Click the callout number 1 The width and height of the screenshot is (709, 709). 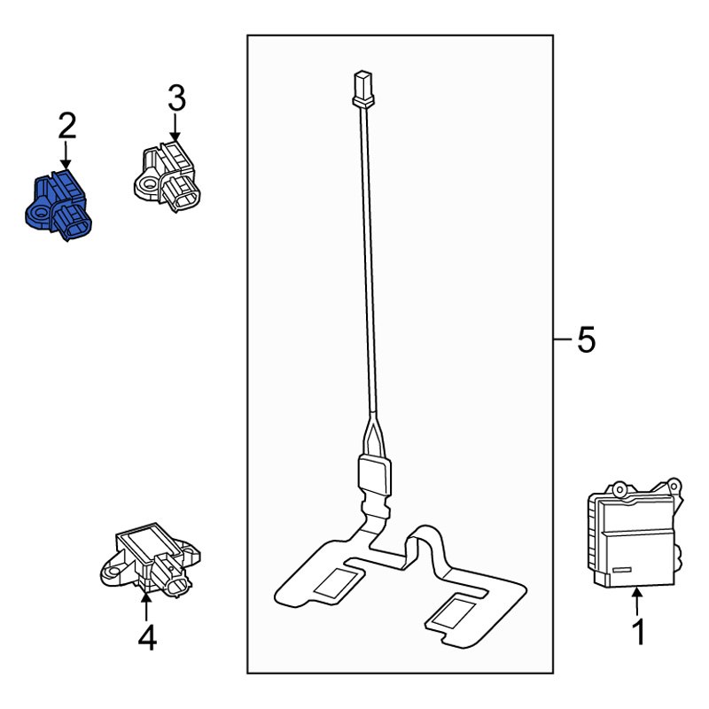[638, 632]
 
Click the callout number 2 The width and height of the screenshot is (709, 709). [67, 126]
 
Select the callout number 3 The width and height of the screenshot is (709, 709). [176, 98]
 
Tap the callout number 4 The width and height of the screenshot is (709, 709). [147, 637]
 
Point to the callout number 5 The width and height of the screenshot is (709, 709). [586, 339]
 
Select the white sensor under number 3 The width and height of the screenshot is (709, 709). [168, 176]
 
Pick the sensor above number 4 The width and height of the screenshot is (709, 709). [150, 559]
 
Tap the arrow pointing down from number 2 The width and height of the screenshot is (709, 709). [66, 156]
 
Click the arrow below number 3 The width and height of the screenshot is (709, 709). [175, 127]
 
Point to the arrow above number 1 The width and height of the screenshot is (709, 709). [637, 601]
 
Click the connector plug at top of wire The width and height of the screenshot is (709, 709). [363, 90]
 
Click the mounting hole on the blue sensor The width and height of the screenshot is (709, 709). [38, 213]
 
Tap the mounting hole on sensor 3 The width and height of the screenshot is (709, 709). [147, 183]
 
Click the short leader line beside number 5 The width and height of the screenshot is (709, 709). [563, 339]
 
